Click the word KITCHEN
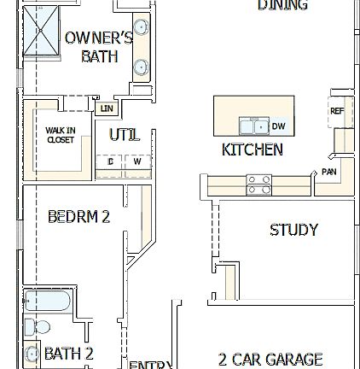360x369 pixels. (252, 150)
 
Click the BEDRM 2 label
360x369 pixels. (78, 219)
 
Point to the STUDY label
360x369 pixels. (293, 231)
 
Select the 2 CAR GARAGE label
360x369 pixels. (270, 360)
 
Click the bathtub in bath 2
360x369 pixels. (38, 302)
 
